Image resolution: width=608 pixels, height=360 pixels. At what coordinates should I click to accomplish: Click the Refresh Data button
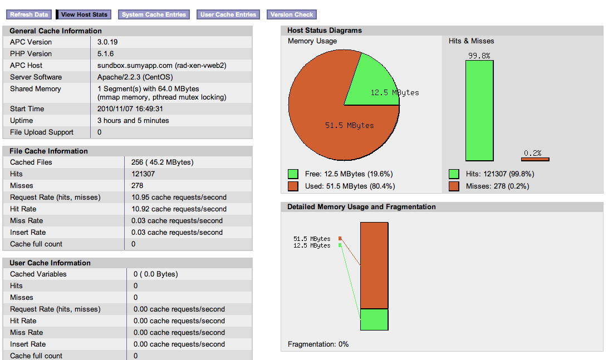29,14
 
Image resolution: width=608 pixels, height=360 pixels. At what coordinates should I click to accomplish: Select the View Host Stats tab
84,14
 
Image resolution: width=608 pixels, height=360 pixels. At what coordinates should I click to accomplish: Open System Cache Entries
154,14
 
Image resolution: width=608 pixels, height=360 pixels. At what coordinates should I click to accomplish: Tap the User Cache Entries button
228,14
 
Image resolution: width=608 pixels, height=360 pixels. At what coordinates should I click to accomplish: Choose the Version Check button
292,14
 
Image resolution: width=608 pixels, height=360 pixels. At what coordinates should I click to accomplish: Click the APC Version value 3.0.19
107,42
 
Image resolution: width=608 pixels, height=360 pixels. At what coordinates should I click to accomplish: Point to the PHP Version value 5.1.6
105,54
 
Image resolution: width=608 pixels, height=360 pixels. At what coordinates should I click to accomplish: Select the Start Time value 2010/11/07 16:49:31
130,109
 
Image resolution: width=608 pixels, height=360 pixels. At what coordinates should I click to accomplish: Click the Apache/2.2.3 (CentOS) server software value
135,77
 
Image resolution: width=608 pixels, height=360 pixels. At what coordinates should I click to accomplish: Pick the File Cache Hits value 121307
143,174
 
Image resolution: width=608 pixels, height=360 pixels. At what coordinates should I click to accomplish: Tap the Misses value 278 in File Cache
138,186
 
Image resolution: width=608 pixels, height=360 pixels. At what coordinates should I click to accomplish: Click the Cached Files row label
31,162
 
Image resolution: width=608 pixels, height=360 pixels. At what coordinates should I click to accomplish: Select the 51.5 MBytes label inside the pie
350,126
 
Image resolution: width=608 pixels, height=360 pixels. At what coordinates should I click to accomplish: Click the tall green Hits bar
479,110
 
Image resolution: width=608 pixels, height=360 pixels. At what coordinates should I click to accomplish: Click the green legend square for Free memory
293,174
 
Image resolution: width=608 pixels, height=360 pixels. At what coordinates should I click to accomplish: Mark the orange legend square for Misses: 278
454,186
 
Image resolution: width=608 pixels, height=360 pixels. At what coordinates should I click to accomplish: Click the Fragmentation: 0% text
318,344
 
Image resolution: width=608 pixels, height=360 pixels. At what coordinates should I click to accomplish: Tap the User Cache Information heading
50,263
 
